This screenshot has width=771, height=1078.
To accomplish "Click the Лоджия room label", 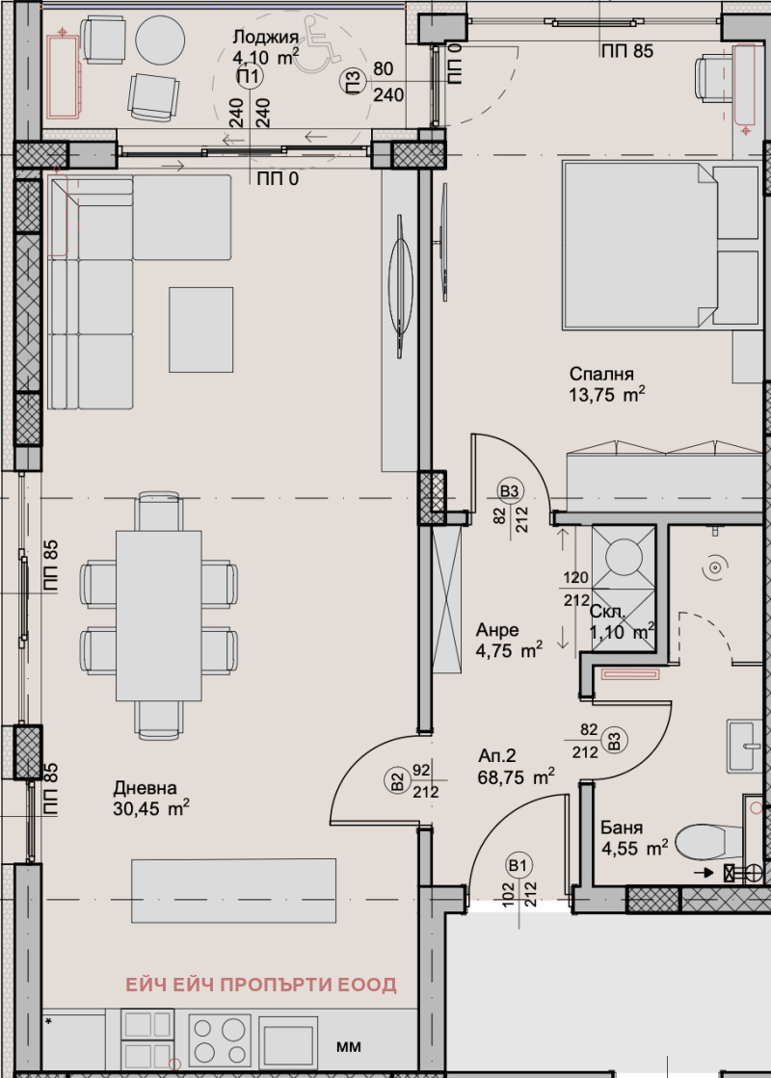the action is coord(265,38).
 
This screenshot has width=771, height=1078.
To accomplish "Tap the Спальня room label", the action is coord(601,374).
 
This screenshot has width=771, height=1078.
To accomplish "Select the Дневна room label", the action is coord(145,788).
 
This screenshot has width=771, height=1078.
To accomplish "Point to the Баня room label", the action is coord(621,828).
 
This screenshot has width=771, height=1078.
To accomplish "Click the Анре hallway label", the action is coord(497,630).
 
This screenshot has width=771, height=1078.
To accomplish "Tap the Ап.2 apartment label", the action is coord(496,756).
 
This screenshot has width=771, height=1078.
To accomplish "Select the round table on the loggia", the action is coord(160,39).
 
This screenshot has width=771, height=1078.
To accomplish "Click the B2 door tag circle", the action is coord(397,781).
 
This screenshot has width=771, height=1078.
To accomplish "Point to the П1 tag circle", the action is coord(249,76).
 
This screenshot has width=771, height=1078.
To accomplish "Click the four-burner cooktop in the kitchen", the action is coord(219,1040).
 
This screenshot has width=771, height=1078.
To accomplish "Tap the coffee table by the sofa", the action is coord(200,330).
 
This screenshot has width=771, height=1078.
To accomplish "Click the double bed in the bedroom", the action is coord(662,245).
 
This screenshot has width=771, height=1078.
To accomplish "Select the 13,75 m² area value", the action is coord(606,395).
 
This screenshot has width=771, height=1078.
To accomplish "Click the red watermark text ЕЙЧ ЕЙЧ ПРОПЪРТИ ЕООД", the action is coord(260,985).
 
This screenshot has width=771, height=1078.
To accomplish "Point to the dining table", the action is coord(159,616).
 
